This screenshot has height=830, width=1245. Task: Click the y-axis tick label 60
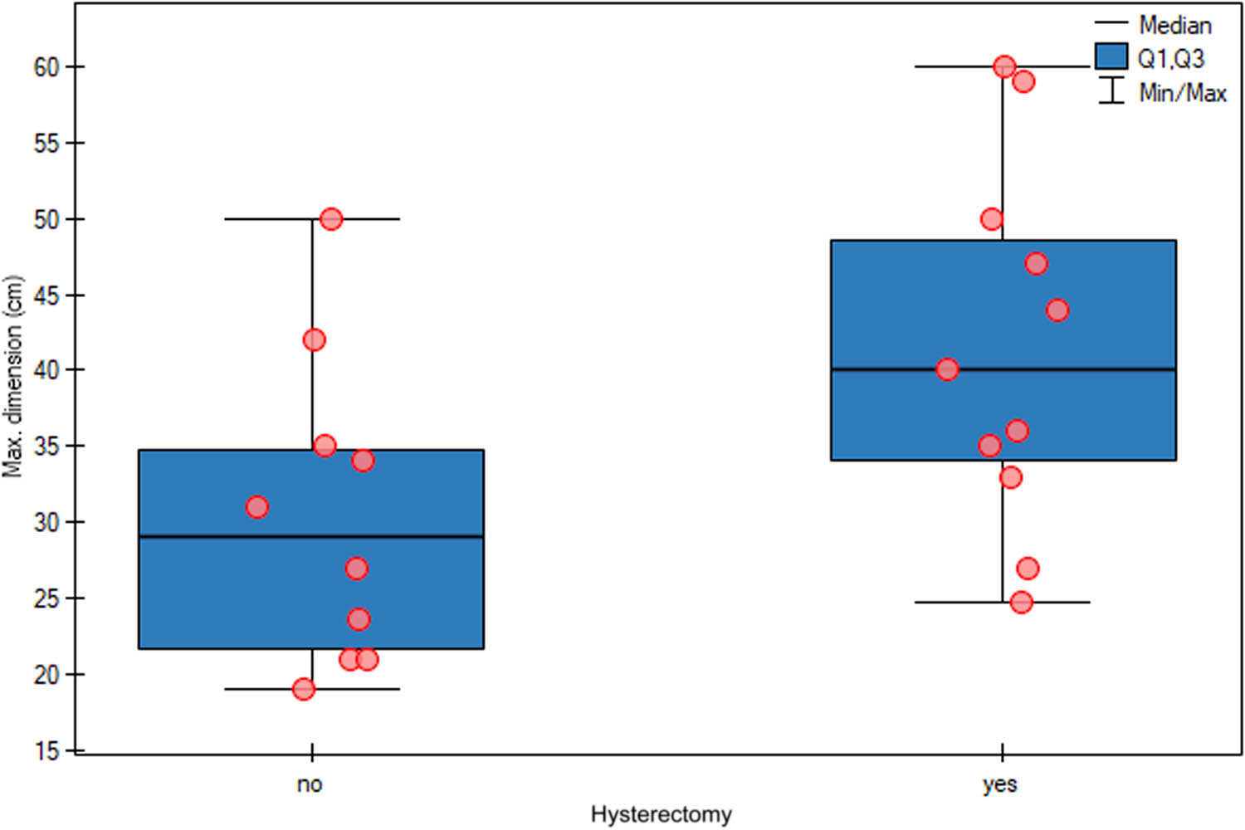coord(46,67)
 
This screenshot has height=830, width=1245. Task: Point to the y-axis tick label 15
coord(46,751)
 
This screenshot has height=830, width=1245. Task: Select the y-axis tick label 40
coord(46,370)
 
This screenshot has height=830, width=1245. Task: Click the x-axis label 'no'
coord(310,784)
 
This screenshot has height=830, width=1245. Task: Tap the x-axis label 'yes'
coord(999,784)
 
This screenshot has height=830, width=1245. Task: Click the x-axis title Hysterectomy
coord(661,814)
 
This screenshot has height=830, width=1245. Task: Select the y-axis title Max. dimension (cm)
coord(12,376)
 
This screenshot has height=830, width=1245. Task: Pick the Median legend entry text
coord(1174,26)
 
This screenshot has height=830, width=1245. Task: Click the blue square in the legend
coord(1111,56)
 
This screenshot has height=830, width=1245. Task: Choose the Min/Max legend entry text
coord(1182,93)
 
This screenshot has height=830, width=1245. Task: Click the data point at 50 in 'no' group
coord(331,219)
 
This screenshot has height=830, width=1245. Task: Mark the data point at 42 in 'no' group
coord(314,339)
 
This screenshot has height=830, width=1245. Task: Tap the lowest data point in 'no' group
coord(304,689)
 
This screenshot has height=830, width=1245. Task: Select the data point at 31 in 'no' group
coord(257,507)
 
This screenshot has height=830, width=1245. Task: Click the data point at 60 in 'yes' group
coord(1004,66)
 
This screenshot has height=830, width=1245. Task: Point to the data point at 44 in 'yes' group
coord(1057,310)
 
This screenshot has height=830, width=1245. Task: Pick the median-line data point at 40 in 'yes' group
coord(947,369)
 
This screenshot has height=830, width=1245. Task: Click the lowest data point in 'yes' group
coord(1022,602)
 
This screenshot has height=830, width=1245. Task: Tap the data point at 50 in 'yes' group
coord(992,219)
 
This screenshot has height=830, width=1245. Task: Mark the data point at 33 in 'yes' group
coord(1010,477)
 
